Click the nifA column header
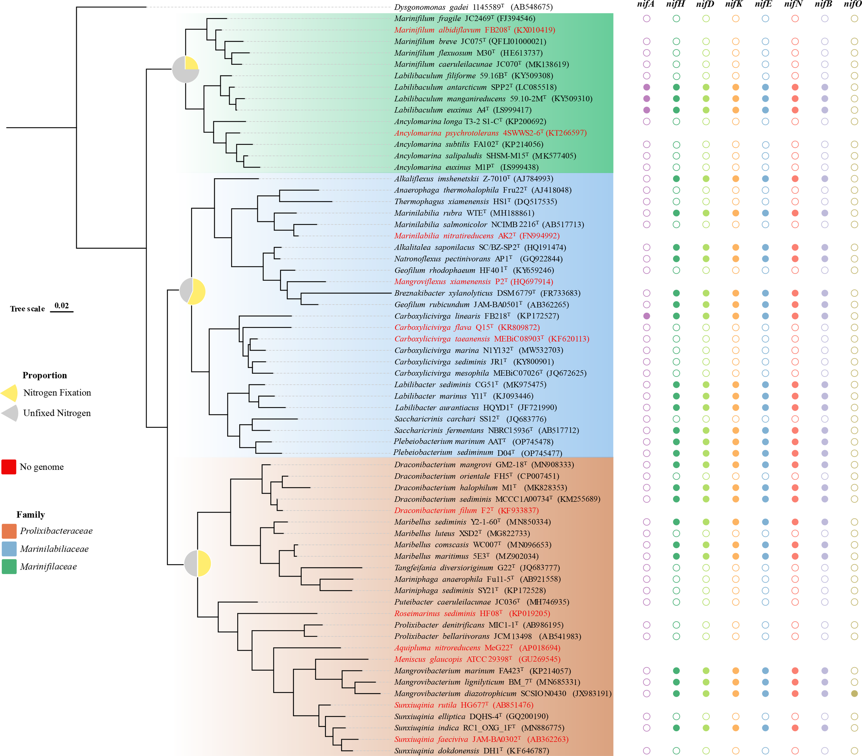tap(646, 4)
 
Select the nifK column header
tap(734, 4)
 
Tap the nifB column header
tap(823, 4)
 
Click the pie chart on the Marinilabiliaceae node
tap(193, 291)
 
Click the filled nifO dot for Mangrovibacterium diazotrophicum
tap(854, 694)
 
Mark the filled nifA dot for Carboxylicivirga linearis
tap(646, 316)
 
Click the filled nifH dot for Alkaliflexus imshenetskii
tap(676, 179)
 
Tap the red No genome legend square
tap(9, 467)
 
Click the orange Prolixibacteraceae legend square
tap(9, 531)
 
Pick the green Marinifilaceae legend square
tap(9, 567)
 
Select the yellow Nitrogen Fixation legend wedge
tap(10, 393)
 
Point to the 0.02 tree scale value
tap(62, 306)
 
